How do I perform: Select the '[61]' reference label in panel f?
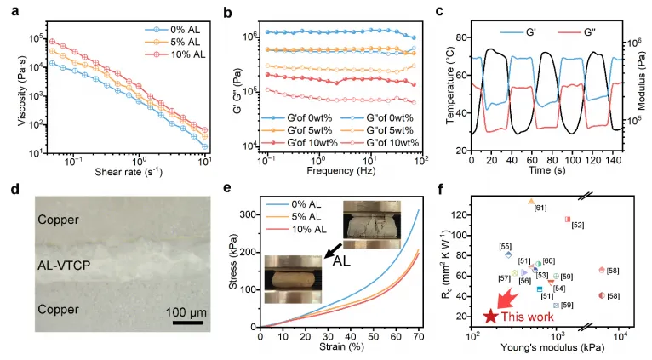pos(540,208)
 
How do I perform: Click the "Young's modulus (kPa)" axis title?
pos(554,350)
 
